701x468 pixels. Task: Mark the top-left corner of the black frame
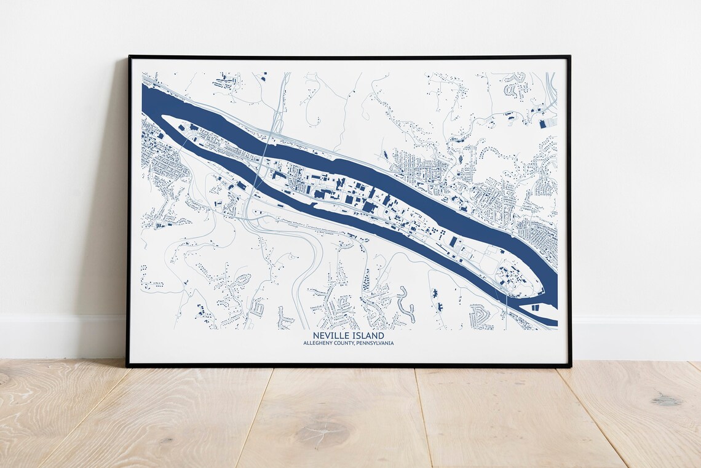[x=129, y=57]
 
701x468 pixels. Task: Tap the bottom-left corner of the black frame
[x=127, y=367]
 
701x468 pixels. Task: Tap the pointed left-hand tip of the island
[x=164, y=117]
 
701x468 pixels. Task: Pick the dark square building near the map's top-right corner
[x=542, y=124]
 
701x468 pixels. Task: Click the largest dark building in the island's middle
[x=369, y=207]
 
